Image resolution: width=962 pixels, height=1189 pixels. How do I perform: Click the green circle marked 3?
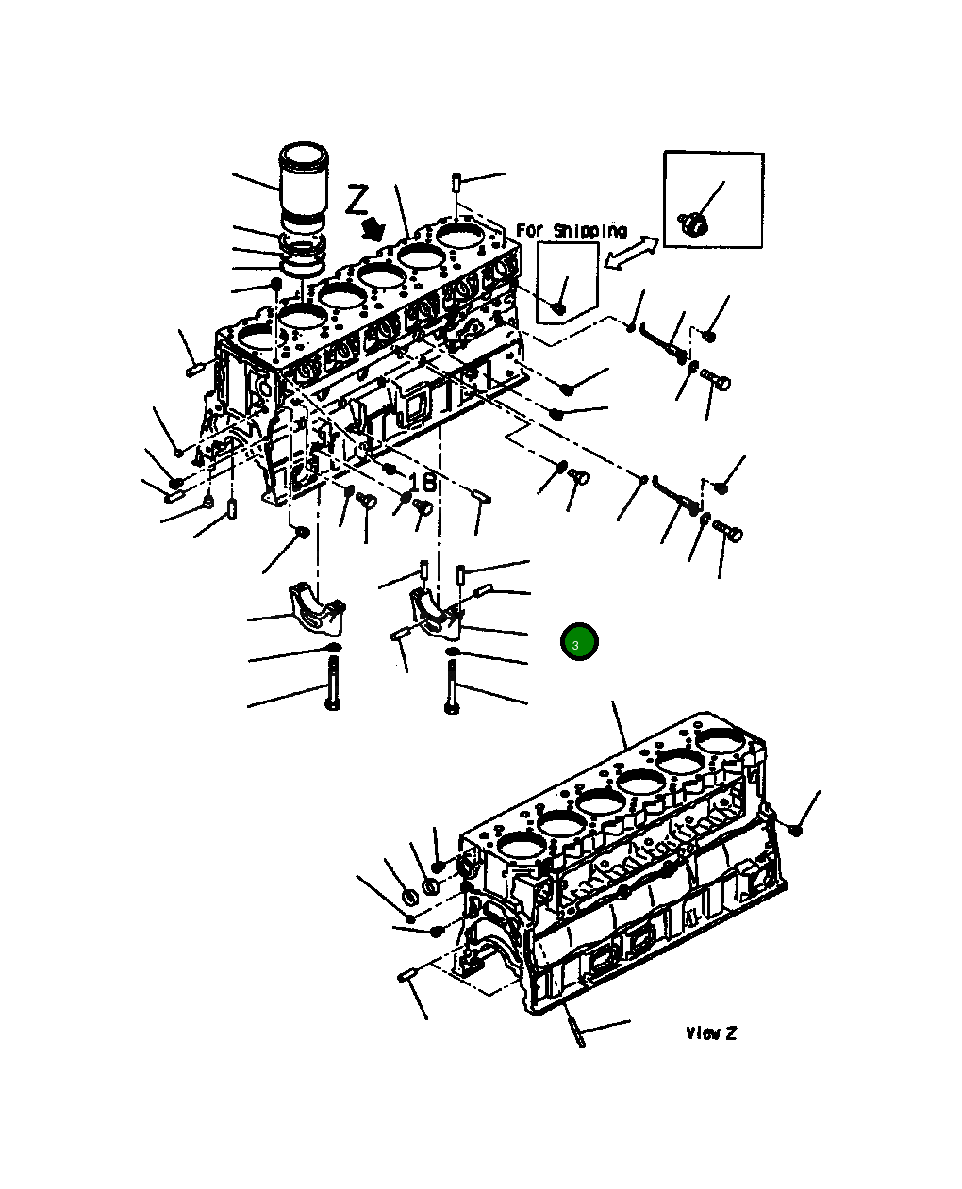(579, 642)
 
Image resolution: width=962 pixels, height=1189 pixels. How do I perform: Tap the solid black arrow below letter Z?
(373, 227)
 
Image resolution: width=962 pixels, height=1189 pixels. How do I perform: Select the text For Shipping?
(571, 231)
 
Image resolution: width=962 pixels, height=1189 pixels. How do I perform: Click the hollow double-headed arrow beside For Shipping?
(629, 253)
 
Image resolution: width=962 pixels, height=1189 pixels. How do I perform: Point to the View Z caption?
(710, 1033)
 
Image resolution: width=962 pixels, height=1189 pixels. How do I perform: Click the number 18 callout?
(423, 483)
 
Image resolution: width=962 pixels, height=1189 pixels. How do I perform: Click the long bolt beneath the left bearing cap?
(333, 684)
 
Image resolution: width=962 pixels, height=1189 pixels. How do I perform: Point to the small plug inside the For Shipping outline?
(558, 306)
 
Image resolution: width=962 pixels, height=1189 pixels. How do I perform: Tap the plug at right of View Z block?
(795, 829)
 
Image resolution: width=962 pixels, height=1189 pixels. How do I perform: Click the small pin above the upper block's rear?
(456, 180)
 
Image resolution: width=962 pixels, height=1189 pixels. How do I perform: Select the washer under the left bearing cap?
(333, 649)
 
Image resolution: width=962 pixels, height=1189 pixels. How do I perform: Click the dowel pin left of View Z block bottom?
(407, 976)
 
